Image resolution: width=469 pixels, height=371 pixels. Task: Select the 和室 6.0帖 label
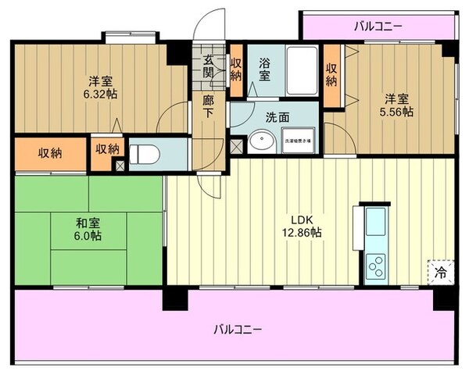point(88,227)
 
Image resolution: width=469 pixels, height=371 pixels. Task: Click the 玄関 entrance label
point(209,66)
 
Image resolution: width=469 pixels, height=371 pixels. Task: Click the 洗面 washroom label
point(277,117)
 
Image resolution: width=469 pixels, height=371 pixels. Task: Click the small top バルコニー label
point(378,27)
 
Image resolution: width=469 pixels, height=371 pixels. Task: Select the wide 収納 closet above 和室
point(51,153)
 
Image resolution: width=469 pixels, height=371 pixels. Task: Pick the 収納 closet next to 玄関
point(236,70)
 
